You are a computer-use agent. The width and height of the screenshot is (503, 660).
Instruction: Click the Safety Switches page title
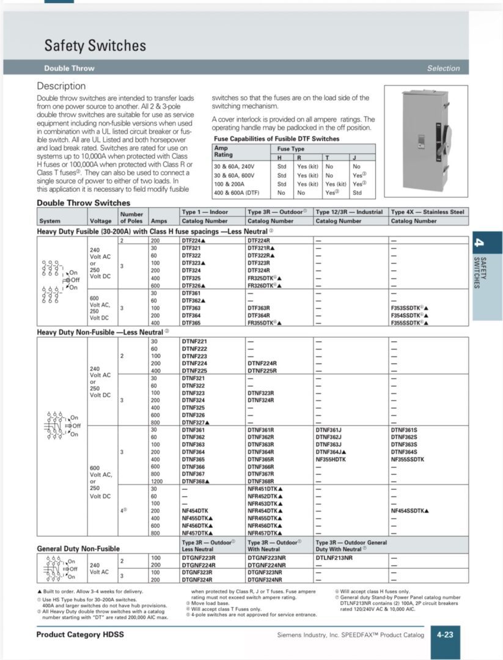coord(95,46)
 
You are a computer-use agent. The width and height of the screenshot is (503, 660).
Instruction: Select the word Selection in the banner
coord(443,68)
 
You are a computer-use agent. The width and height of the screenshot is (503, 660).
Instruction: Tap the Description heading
coord(61,86)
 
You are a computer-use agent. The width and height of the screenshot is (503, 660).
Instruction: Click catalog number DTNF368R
coord(261,481)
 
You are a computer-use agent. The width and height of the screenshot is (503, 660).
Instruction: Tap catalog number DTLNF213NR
coord(334,558)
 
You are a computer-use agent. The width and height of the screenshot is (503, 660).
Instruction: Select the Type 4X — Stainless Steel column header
coord(427,212)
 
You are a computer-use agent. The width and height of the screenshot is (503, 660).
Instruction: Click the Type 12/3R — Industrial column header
coord(348,212)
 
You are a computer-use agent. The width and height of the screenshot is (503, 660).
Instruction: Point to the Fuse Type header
coord(290,149)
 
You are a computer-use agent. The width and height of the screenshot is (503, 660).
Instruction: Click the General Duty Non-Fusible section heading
coord(78,549)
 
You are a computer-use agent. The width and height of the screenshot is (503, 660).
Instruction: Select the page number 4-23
coord(444,635)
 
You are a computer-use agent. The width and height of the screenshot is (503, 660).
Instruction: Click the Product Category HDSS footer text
coord(80,635)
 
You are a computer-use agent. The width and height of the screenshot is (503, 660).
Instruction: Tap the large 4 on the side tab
coord(480,243)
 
